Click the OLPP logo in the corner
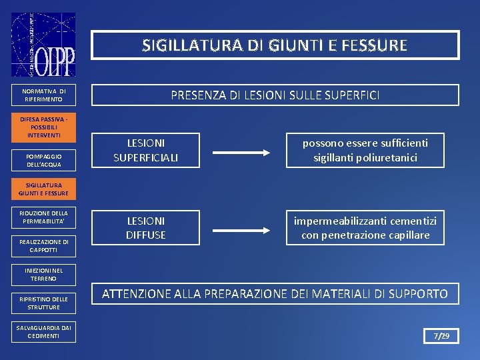[43, 45]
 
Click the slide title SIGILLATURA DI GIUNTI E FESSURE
[275, 45]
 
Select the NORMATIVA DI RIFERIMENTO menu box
[43, 95]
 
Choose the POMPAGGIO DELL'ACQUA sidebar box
[43, 160]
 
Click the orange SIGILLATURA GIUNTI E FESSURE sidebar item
[43, 189]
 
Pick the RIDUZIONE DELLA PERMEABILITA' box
[43, 217]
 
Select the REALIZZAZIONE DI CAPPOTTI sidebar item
[43, 246]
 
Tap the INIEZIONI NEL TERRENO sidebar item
[43, 275]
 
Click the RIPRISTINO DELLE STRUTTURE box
[43, 303]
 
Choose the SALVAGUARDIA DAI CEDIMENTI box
[43, 332]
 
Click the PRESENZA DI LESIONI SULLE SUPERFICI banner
[275, 95]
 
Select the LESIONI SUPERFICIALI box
[147, 150]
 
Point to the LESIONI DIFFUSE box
[147, 228]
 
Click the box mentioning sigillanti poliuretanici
[365, 150]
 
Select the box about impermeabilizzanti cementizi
[365, 228]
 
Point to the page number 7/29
[442, 335]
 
